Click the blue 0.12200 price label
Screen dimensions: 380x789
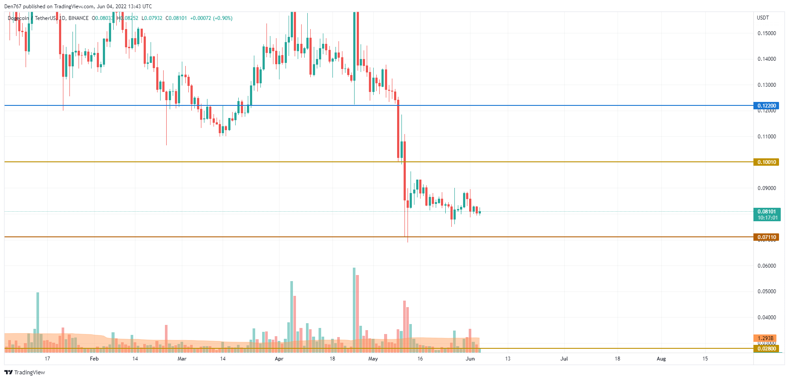(x=766, y=106)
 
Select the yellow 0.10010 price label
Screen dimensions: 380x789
(x=766, y=162)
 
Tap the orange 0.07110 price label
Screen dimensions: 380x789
(x=766, y=237)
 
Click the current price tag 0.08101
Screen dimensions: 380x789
(x=766, y=212)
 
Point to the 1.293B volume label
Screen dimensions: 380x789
(x=765, y=338)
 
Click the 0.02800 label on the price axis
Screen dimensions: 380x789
(x=766, y=349)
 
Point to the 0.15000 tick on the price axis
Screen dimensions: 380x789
(x=766, y=33)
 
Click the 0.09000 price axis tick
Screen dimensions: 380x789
(x=766, y=188)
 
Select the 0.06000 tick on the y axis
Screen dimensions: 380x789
(x=766, y=266)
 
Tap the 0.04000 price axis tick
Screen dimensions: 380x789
(x=766, y=318)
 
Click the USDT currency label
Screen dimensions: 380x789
(x=763, y=18)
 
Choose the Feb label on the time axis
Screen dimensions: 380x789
(x=94, y=359)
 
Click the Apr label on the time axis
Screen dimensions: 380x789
(x=279, y=359)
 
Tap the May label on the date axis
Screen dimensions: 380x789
(x=373, y=359)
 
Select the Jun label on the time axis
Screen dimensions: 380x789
(x=470, y=359)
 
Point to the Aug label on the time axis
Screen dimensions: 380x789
(x=661, y=359)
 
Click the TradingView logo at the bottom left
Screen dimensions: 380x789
(x=25, y=372)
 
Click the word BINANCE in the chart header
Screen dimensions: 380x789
(x=79, y=18)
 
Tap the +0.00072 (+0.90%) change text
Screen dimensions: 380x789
(x=211, y=18)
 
